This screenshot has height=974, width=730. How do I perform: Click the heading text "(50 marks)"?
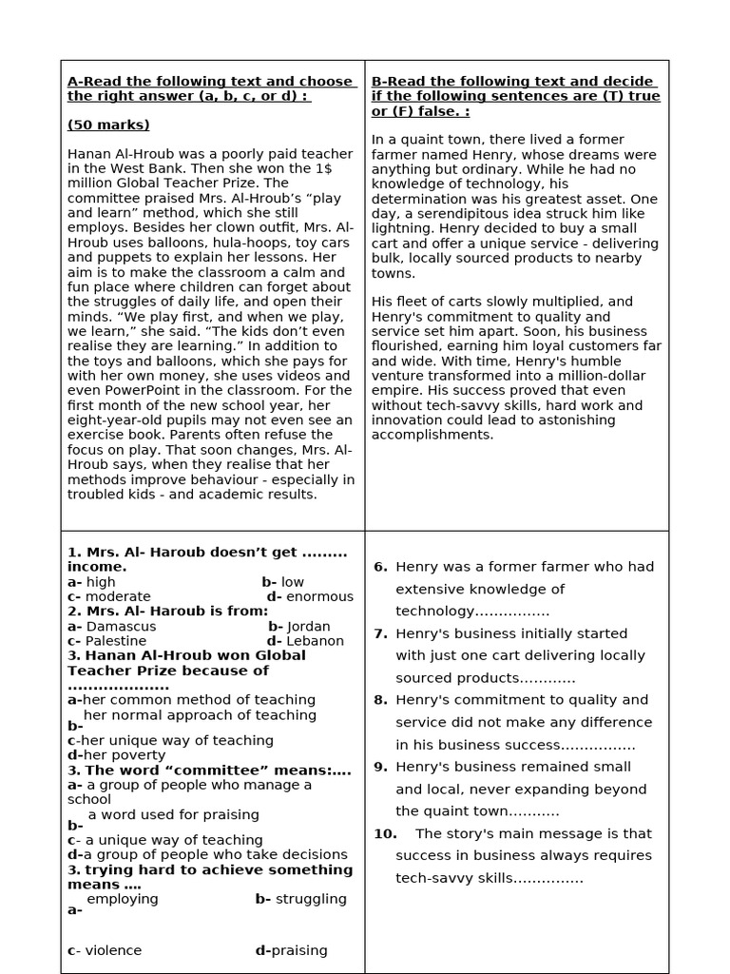point(108,126)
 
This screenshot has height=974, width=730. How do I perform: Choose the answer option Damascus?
point(121,627)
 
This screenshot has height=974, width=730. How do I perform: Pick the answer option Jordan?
point(309,627)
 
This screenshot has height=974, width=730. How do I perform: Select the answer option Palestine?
point(116,641)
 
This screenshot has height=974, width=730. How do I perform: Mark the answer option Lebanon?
point(315,641)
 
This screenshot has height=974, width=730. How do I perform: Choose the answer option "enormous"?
point(319,597)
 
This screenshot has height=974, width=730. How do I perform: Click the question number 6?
point(380,567)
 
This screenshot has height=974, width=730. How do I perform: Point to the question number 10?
point(385,834)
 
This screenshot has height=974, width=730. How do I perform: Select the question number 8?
point(380,700)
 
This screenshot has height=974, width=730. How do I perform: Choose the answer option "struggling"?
point(311,899)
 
